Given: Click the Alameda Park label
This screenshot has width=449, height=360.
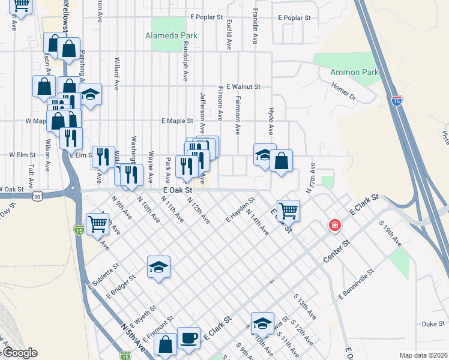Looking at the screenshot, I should (171, 35).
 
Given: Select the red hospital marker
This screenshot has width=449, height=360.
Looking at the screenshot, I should (334, 226).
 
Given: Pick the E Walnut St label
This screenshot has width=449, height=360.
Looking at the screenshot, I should (240, 87).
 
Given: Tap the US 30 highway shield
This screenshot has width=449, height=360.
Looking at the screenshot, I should (38, 196).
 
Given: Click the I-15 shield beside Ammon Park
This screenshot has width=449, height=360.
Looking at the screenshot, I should (396, 101).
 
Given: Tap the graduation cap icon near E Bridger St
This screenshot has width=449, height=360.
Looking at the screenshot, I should (159, 268).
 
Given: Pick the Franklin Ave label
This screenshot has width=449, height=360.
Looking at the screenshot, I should (255, 29).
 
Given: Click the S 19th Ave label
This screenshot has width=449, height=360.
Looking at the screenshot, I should (391, 233).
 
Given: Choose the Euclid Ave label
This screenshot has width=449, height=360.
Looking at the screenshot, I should (229, 34).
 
